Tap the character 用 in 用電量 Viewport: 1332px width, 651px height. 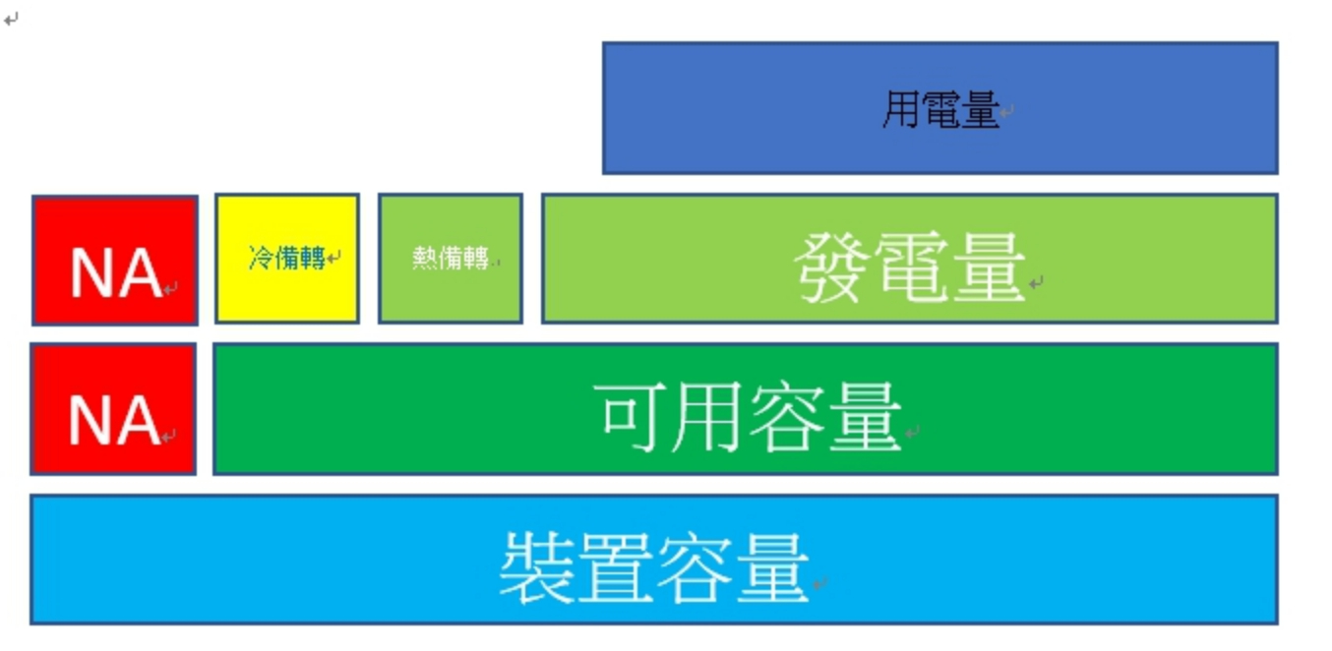tap(900, 110)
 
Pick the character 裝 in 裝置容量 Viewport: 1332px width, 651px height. tap(537, 568)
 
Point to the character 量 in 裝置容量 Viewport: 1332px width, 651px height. tap(771, 568)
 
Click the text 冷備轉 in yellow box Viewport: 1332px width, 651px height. tap(287, 259)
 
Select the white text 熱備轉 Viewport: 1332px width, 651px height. tap(451, 259)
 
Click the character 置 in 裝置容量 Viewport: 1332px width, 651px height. tap(616, 568)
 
